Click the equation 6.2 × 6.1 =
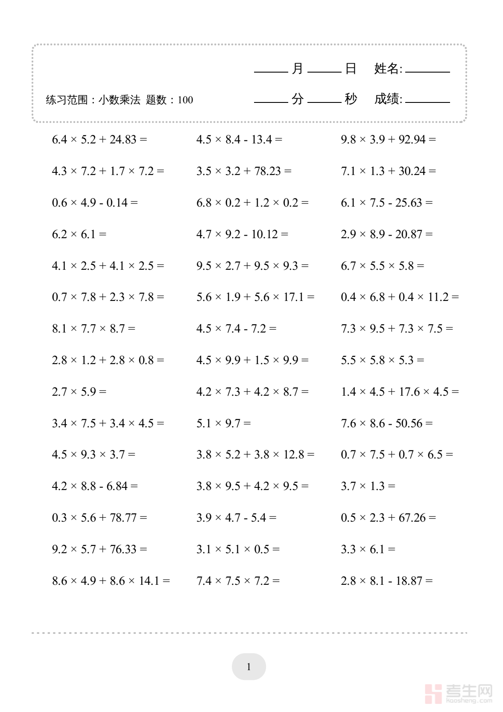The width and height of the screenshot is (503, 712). pos(79,234)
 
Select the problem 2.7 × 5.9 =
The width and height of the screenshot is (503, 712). pos(79,391)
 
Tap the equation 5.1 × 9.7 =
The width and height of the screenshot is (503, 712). pos(223,423)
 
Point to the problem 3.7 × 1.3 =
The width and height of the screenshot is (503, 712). pos(368,486)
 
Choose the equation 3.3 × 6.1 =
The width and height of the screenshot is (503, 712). pos(368,549)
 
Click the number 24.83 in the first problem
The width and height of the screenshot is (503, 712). pos(123,139)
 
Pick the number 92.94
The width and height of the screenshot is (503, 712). pos(412,139)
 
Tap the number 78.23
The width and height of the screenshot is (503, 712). pos(268,171)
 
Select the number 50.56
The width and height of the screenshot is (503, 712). pos(409,423)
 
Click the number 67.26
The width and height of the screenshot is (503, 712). pos(412,517)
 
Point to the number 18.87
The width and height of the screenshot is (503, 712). pos(409,581)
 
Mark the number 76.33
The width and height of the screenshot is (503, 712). pos(123,549)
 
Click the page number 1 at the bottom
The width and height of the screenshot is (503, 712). pos(249,666)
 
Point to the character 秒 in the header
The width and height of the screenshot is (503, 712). pos(351,99)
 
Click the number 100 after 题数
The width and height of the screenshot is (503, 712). pos(185,100)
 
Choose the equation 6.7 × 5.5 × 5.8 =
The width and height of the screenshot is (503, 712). pos(382,266)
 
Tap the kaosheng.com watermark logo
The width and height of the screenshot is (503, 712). pos(459,693)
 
